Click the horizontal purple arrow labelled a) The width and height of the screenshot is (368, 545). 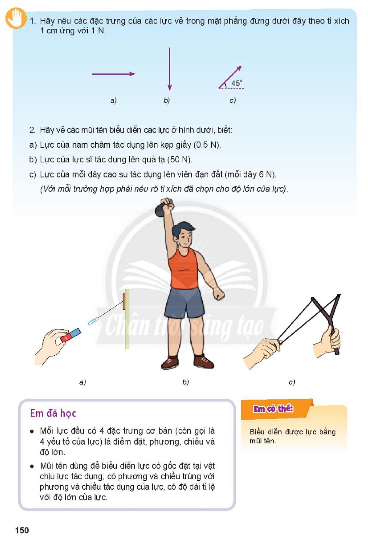(x=114, y=74)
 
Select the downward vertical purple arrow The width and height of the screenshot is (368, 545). (x=170, y=69)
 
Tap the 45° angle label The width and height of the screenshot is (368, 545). (x=237, y=83)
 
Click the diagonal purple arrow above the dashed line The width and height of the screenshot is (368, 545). (x=230, y=77)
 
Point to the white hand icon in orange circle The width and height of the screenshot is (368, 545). (x=16, y=18)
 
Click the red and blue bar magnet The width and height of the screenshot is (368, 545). (x=70, y=336)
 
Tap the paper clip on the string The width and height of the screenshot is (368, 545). (x=93, y=321)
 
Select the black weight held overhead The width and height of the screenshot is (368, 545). (x=162, y=209)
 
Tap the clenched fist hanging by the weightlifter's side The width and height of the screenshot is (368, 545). (x=218, y=294)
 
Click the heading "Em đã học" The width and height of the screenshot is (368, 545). (x=53, y=414)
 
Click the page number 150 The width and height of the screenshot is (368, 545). (x=22, y=530)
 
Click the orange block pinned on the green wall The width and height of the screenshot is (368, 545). (x=124, y=301)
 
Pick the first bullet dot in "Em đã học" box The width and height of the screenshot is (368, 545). (x=32, y=431)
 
